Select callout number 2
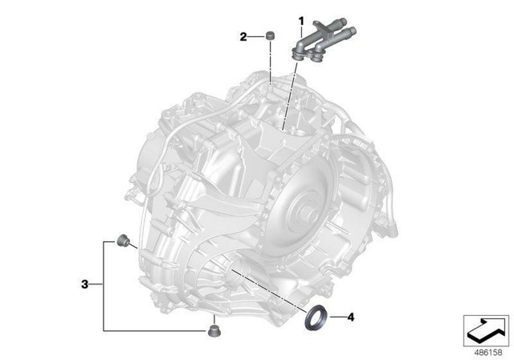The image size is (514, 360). point(242,36)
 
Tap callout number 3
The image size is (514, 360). point(84,284)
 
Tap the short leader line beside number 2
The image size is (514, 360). point(255,36)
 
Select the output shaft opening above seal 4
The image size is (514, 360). point(241,273)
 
